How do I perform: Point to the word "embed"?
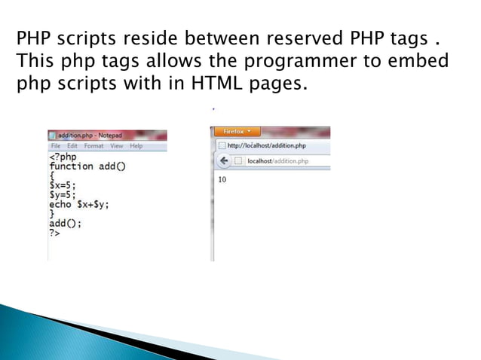click(x=413, y=59)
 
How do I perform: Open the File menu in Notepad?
click(x=55, y=145)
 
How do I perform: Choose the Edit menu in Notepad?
click(x=72, y=145)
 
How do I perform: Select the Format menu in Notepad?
click(x=94, y=145)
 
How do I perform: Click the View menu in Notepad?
click(x=117, y=145)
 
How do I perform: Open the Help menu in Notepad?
click(x=136, y=145)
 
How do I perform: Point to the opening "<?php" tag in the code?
click(x=63, y=157)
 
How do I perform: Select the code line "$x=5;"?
click(x=62, y=185)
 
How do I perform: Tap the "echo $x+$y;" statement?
click(x=78, y=204)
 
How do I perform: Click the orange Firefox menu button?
click(x=237, y=132)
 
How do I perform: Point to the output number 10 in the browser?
click(x=222, y=179)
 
